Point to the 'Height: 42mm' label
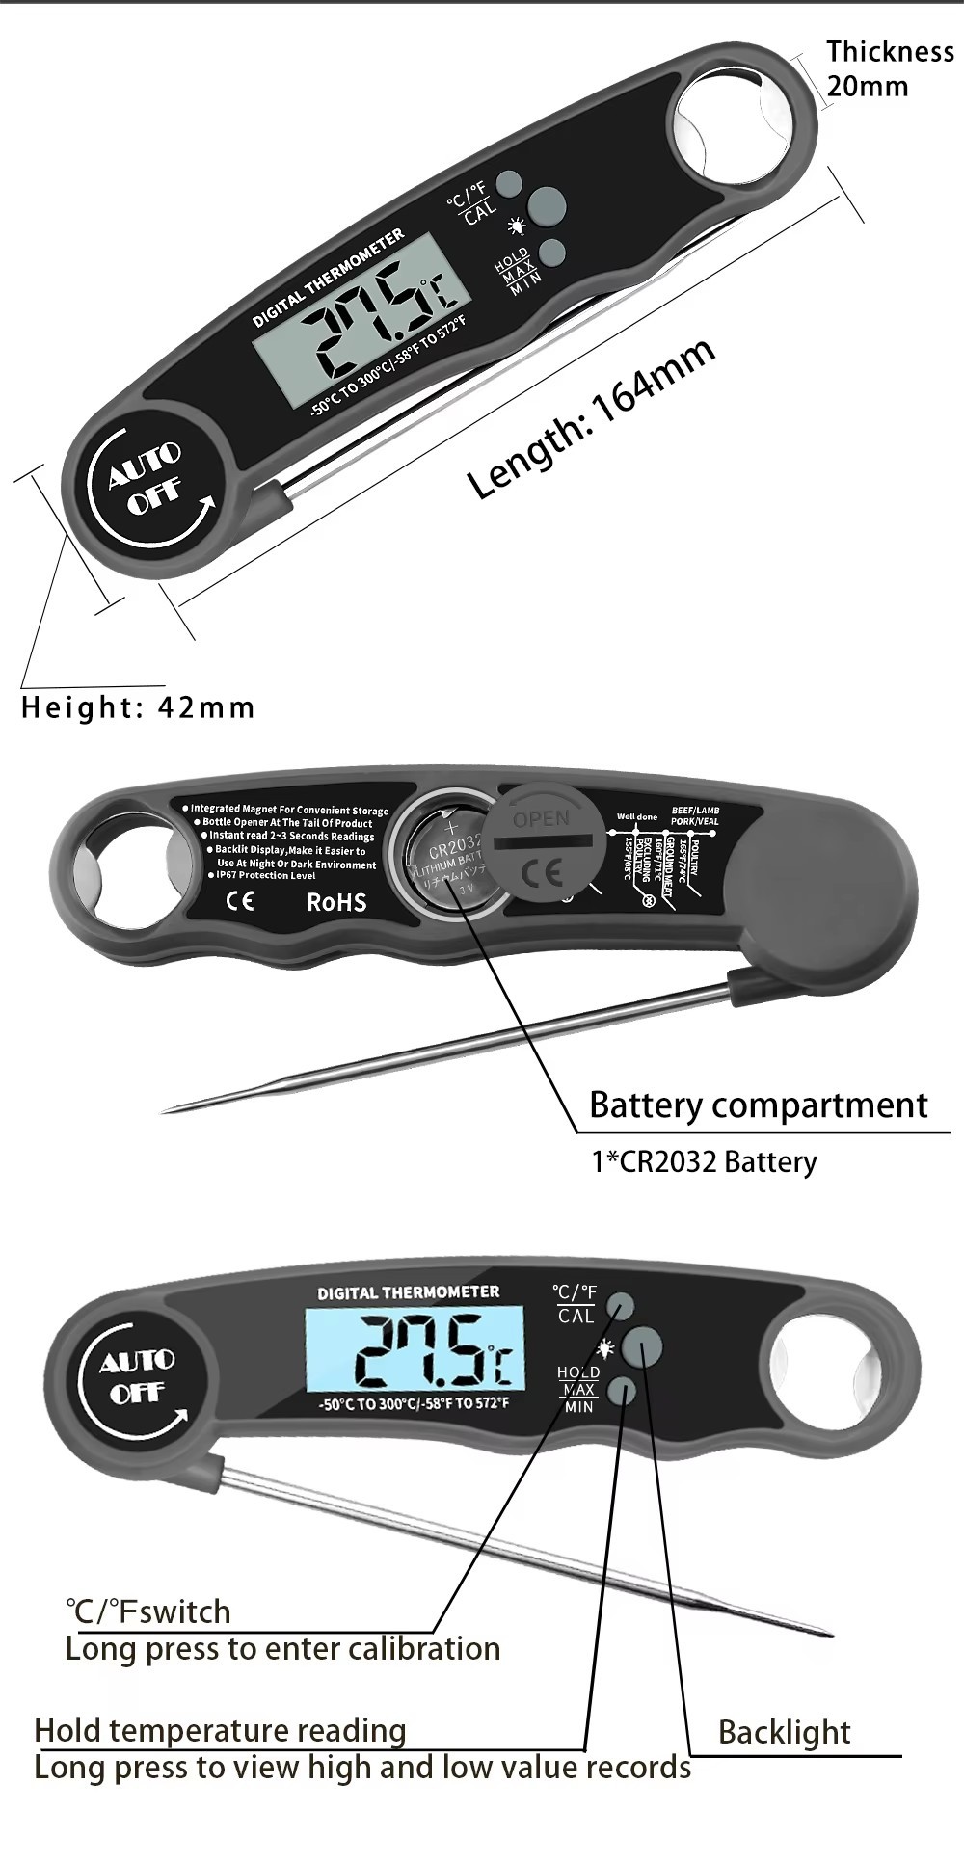(x=138, y=707)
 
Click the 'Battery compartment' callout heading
(x=758, y=1105)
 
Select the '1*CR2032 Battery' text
(x=704, y=1161)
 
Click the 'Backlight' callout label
(x=784, y=1732)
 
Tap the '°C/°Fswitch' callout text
(x=148, y=1611)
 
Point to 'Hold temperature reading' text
(x=220, y=1730)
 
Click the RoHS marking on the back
(x=336, y=902)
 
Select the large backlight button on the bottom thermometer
(x=643, y=1345)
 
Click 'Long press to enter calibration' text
(x=282, y=1648)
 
